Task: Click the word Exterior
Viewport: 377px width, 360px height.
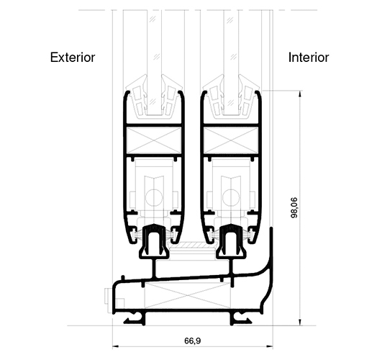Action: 73,57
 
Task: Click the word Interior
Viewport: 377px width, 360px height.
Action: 308,57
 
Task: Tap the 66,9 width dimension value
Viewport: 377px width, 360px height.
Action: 191,341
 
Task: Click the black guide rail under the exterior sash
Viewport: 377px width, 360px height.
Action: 153,240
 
